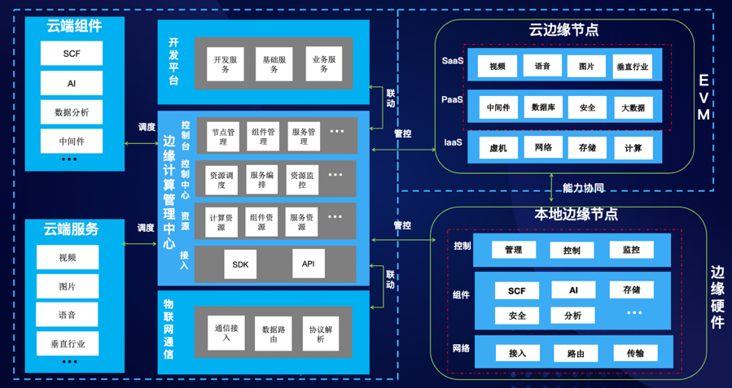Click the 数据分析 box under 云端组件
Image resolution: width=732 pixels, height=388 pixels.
click(x=72, y=111)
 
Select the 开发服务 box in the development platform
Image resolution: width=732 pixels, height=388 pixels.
click(x=225, y=64)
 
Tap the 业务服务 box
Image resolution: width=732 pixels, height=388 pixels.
click(x=325, y=64)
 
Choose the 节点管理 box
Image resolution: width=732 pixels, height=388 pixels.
click(x=224, y=136)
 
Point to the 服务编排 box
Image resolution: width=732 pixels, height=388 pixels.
click(x=262, y=179)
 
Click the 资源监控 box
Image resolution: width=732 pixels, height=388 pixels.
click(x=302, y=179)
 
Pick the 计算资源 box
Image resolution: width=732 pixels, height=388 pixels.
click(x=221, y=222)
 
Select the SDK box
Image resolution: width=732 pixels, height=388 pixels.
click(x=240, y=264)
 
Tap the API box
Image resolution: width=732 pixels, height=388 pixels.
click(x=308, y=264)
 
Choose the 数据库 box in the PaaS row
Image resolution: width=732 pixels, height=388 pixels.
click(x=544, y=106)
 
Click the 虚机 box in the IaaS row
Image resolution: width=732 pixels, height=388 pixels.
click(x=498, y=148)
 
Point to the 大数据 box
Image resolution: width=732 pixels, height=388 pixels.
click(x=633, y=107)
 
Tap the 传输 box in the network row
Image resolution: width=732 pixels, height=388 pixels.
click(x=636, y=353)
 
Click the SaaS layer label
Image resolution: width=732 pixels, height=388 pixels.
click(x=453, y=61)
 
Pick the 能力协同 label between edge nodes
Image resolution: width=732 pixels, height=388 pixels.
click(x=583, y=188)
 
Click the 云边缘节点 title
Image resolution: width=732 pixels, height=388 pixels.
click(x=563, y=30)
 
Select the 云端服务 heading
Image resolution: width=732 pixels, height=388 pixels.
click(x=72, y=229)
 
